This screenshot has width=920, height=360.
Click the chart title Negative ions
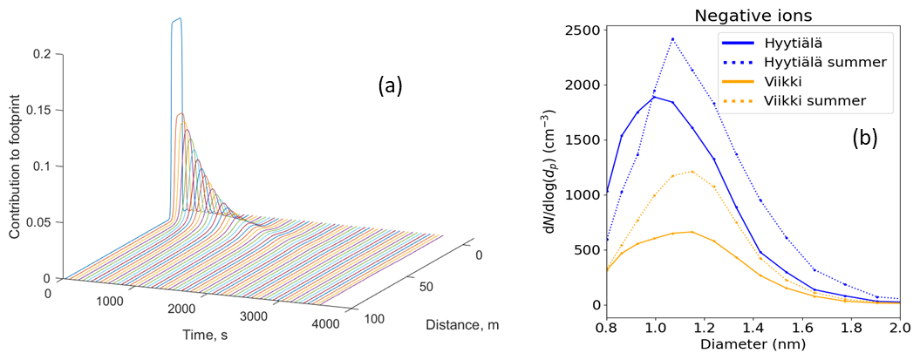(x=753, y=15)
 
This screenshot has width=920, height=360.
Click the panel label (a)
(x=390, y=86)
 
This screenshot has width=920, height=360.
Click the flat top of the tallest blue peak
(x=176, y=20)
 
